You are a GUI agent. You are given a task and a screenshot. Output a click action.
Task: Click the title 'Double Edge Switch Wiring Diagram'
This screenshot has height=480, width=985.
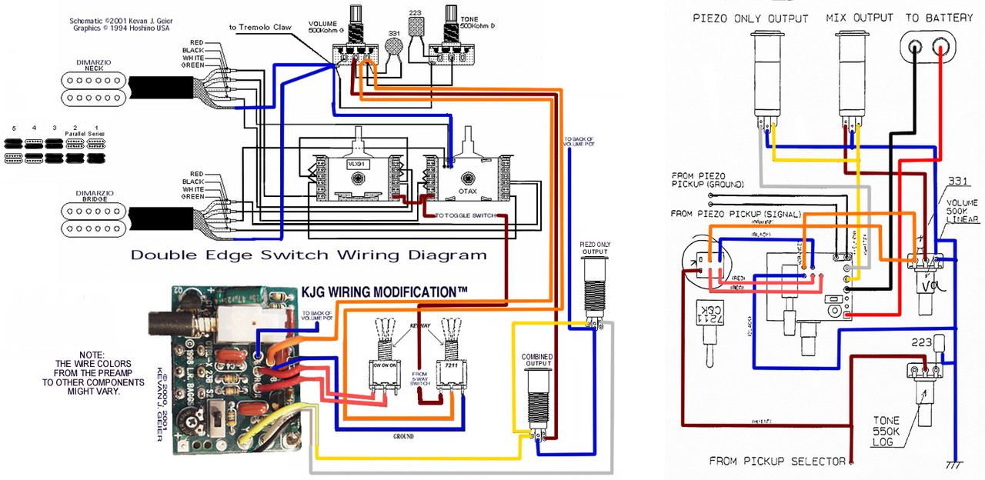[x=308, y=255]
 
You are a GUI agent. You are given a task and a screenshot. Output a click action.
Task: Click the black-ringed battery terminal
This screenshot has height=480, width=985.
[x=914, y=48]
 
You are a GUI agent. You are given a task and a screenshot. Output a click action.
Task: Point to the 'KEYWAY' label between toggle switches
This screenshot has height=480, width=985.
[x=419, y=327]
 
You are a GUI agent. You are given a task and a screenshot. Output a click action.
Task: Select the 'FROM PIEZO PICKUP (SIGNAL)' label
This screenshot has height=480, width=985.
[x=736, y=213]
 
